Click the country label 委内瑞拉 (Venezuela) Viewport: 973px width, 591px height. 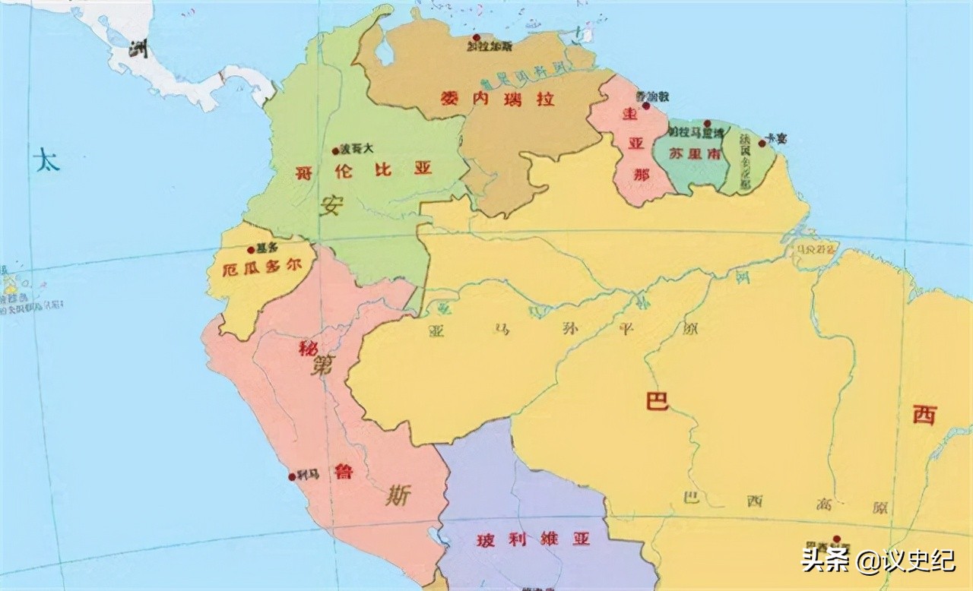[498, 99]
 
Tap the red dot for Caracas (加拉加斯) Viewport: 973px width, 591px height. [476, 37]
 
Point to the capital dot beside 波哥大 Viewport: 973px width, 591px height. [335, 150]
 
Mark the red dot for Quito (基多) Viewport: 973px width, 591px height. [251, 249]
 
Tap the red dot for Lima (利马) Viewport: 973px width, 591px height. [292, 477]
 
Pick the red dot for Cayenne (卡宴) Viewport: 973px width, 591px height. [762, 143]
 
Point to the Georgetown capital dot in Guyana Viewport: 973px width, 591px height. [645, 106]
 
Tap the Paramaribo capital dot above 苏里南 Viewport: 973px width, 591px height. [707, 122]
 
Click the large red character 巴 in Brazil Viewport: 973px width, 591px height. [657, 401]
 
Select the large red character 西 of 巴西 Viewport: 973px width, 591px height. [924, 415]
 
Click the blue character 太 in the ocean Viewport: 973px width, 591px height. [46, 161]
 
